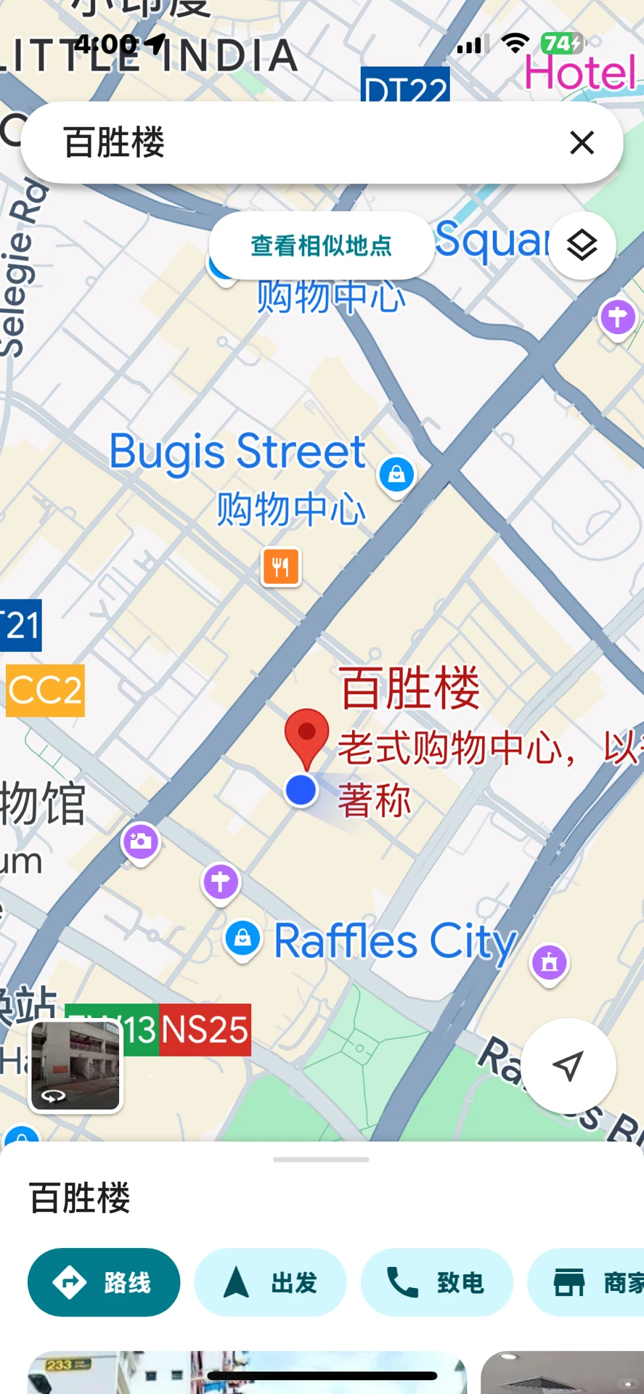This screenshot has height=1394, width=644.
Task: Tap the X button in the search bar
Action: click(x=582, y=143)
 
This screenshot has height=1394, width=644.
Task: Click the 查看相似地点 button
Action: click(x=321, y=246)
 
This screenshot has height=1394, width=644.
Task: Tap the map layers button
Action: click(x=582, y=246)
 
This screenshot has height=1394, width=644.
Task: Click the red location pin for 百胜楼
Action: click(x=306, y=735)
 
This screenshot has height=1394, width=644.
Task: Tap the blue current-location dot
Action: click(x=301, y=790)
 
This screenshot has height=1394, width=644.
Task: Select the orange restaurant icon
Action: click(x=281, y=566)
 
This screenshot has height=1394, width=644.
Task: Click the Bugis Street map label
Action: click(x=237, y=452)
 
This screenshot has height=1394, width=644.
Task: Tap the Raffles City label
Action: click(x=395, y=941)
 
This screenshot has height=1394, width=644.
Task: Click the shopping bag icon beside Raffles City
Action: click(x=242, y=938)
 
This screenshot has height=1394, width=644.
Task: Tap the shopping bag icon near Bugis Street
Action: click(x=396, y=475)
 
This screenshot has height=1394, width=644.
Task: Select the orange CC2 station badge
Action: click(x=45, y=690)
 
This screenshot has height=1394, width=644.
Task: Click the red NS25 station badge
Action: click(x=205, y=1030)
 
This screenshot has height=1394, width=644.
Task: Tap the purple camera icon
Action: click(x=141, y=842)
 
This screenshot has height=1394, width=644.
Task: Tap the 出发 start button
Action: click(x=270, y=1283)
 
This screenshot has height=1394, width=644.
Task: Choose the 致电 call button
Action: click(x=436, y=1283)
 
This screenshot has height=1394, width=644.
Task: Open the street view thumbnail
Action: click(x=76, y=1066)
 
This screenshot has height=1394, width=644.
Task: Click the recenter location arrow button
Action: click(x=568, y=1066)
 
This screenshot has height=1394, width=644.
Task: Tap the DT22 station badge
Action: click(x=405, y=86)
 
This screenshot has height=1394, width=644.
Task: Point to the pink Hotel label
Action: click(x=580, y=73)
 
